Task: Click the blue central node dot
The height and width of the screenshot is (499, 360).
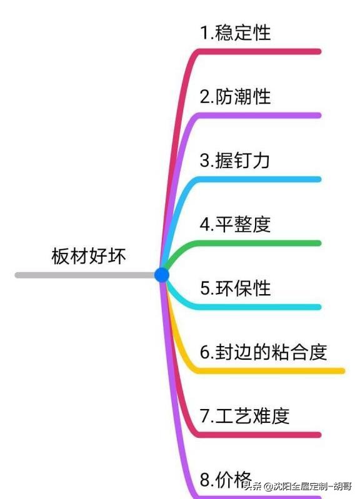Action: coord(162,275)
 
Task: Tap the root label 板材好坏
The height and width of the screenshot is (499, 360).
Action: coord(89,257)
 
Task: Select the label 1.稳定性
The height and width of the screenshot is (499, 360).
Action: coord(236,32)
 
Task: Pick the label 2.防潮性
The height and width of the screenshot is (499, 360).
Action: coord(236,96)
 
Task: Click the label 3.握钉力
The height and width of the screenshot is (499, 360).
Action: coord(235,161)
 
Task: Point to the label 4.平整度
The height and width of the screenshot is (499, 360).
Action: coord(236,224)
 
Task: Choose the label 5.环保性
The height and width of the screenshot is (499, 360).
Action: coord(236,288)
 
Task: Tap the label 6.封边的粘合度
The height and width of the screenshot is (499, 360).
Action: coord(264,352)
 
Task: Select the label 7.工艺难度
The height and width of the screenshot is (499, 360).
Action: coord(245,415)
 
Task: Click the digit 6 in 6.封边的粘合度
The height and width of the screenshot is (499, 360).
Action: coord(204,352)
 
